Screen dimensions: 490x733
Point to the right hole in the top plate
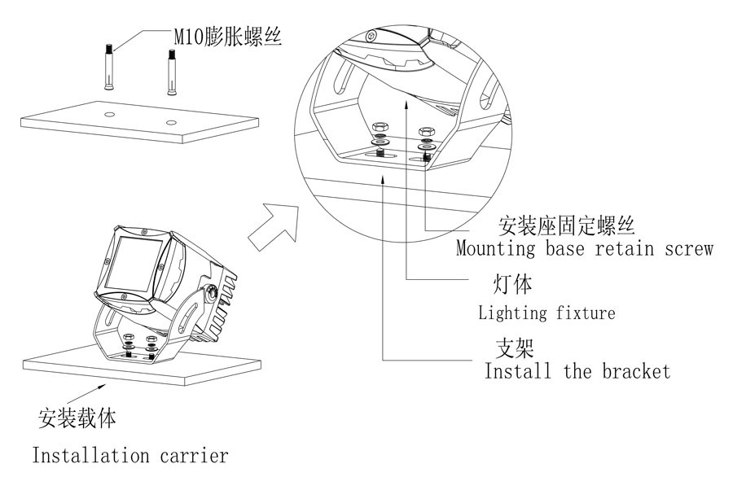(170, 123)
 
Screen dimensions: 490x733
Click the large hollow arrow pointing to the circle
(272, 225)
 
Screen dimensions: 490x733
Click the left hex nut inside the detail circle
(378, 129)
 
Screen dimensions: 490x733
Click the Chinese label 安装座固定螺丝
(567, 224)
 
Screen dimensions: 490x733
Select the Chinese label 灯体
(513, 285)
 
